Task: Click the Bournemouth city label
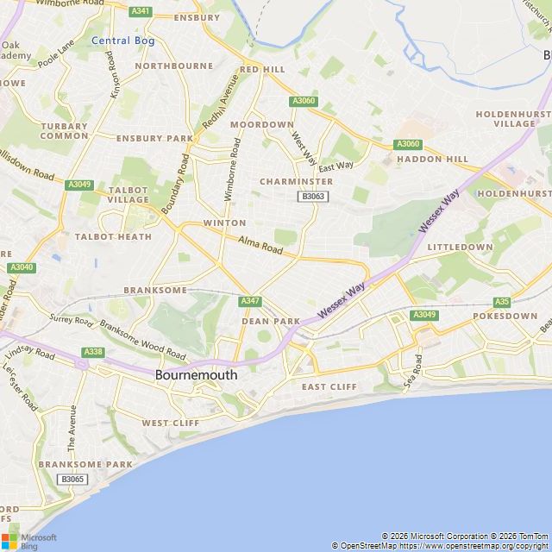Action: [196, 376]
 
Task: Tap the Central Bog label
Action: [122, 41]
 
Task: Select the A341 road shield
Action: [141, 11]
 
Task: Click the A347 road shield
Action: [250, 300]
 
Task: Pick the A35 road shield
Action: [502, 301]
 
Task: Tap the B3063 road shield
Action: [312, 197]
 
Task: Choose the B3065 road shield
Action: [72, 479]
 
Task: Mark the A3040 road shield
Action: [22, 268]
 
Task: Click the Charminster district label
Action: [296, 182]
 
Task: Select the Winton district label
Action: [224, 223]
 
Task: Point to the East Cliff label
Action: [329, 386]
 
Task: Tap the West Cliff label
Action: [170, 423]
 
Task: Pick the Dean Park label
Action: [270, 321]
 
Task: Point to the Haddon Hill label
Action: [432, 159]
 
